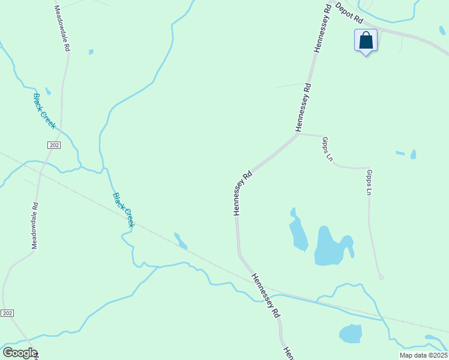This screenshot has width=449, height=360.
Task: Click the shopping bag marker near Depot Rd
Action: click(366, 41)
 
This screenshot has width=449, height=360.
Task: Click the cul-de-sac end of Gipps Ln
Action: click(381, 277)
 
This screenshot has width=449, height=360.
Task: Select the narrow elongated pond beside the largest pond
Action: click(297, 231)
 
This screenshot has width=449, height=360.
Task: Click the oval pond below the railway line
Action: click(351, 333)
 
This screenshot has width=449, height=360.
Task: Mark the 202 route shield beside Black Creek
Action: click(54, 145)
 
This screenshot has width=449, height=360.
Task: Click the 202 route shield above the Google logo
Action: click(7, 313)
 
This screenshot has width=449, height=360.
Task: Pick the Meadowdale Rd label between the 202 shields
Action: click(35, 226)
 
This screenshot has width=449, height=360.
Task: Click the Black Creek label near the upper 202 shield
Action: click(44, 111)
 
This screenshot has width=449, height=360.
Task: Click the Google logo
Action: click(20, 353)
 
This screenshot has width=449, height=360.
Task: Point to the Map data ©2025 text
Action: click(423, 355)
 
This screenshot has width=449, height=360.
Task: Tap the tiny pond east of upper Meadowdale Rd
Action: click(91, 52)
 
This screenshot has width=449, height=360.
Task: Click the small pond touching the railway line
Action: click(181, 241)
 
